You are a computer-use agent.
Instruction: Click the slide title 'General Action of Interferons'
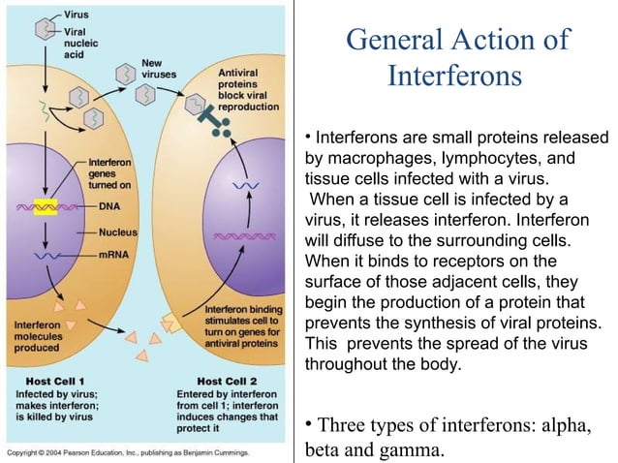point(456,57)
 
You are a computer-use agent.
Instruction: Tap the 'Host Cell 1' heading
point(48,381)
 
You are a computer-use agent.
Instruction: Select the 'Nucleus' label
point(117,232)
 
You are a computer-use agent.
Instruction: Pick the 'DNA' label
point(109,206)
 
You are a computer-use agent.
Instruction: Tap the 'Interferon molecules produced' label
point(38,336)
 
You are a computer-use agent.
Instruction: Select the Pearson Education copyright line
point(128,452)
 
